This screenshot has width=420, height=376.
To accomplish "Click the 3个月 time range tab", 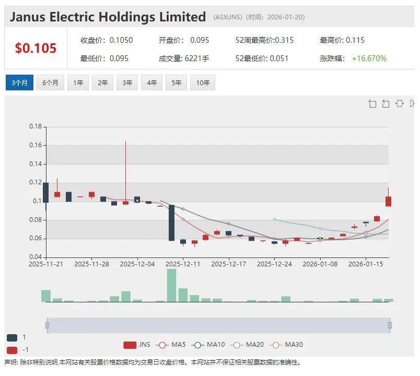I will (19, 83).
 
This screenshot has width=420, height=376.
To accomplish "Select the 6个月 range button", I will (50, 83).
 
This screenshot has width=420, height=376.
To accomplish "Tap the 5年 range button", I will (176, 83).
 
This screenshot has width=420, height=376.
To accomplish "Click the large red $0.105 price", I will (36, 49).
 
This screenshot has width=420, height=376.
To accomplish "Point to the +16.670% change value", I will (369, 58).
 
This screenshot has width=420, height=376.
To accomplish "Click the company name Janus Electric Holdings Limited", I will (108, 17).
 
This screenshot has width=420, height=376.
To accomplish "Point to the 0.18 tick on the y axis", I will (35, 126).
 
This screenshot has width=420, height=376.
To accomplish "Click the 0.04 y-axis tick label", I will (35, 257).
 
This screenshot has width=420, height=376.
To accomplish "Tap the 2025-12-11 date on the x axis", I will (183, 264).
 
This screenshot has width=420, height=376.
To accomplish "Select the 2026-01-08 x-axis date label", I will (320, 264).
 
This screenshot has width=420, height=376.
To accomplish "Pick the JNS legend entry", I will (137, 345).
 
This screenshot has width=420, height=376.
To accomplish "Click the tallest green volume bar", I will (171, 285).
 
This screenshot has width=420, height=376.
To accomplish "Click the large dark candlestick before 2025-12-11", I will (171, 223).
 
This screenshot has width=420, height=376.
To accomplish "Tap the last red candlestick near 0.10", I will (388, 201).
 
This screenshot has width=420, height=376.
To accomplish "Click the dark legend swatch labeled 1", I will (12, 337).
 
